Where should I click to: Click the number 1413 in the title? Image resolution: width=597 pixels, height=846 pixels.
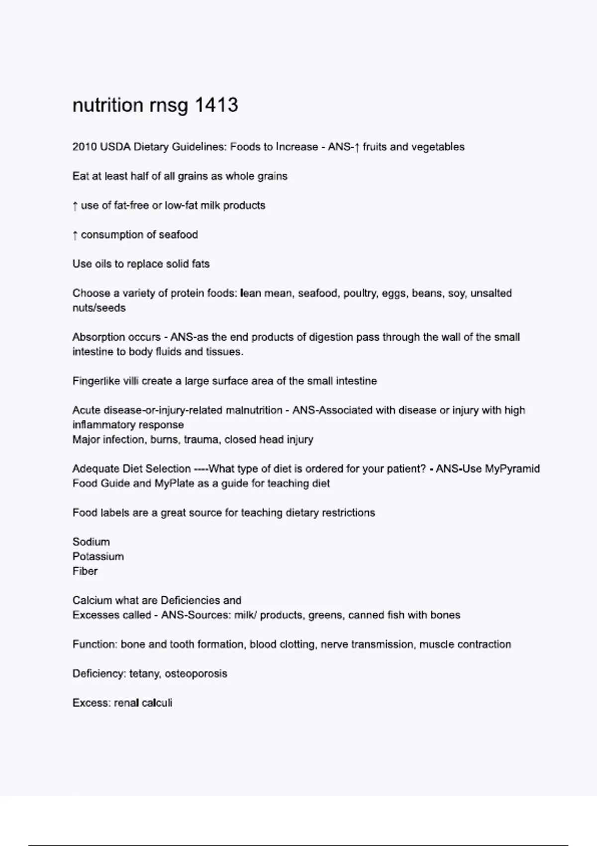pos(216,106)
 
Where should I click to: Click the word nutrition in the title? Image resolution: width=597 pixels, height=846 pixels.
pos(108,106)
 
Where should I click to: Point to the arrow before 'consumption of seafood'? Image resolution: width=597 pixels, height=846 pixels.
pos(75,235)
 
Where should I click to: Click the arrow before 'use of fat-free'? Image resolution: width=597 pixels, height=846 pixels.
pos(75,206)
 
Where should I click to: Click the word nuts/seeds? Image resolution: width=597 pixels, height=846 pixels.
pos(99,308)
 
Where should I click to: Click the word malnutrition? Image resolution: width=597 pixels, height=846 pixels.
pos(254,411)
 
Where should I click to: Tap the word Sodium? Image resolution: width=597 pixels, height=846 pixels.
pos(91,542)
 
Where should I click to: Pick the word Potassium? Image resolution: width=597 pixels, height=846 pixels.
pos(98,556)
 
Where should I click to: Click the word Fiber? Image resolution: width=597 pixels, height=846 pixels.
pos(85,571)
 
